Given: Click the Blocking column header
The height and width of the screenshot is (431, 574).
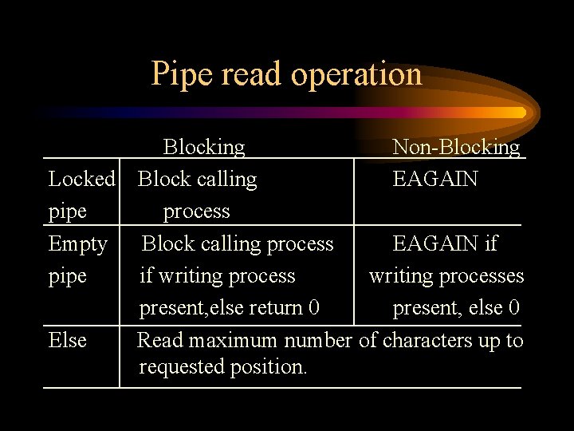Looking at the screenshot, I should coord(204,147).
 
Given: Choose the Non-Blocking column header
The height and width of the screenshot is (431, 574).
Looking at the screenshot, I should coord(456,147).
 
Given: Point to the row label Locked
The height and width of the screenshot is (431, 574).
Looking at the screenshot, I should coord(82,179).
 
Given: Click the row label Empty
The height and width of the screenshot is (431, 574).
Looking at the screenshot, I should coord(78,243).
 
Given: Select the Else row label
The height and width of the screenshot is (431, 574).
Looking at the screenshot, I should coord(68,341).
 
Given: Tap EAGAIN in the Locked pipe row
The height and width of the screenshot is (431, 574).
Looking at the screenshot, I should coord(435,179).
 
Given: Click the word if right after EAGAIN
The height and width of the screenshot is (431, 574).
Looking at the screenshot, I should coord(491,243).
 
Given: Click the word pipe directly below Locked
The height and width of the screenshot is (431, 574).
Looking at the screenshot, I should coord(68,212).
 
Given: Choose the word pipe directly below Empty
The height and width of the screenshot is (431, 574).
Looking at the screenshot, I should coord(68,276).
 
